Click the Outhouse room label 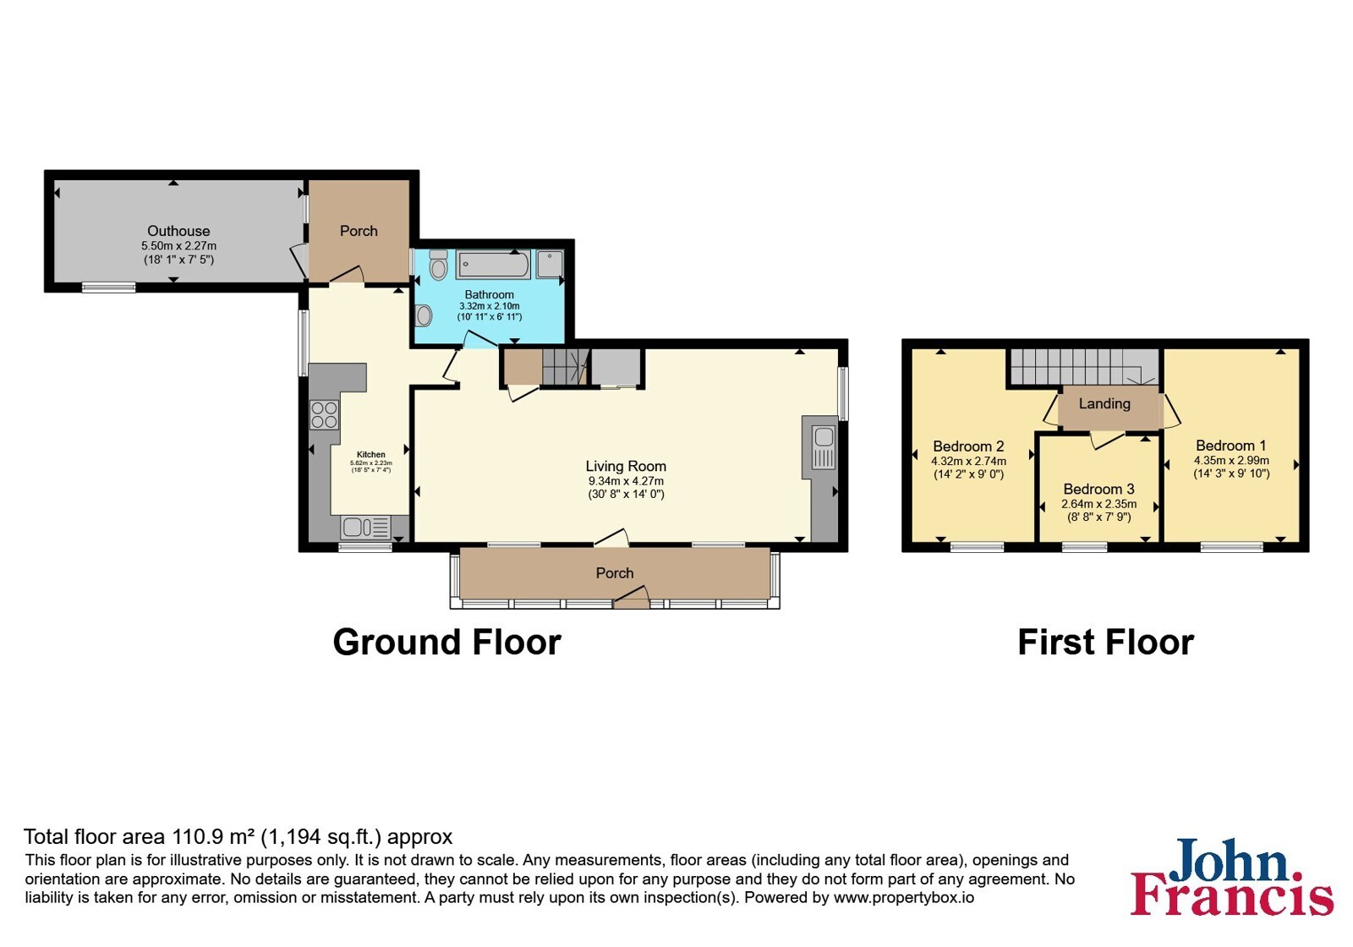pyautogui.click(x=178, y=231)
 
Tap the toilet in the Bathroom pyautogui.click(x=438, y=265)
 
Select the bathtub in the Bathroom pyautogui.click(x=494, y=265)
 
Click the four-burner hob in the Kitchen pyautogui.click(x=324, y=413)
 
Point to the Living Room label pyautogui.click(x=626, y=466)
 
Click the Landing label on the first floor pyautogui.click(x=1104, y=403)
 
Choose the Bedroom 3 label pyautogui.click(x=1098, y=489)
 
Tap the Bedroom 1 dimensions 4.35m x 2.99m pyautogui.click(x=1231, y=460)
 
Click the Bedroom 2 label pyautogui.click(x=968, y=446)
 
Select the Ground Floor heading pyautogui.click(x=447, y=642)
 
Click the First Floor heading pyautogui.click(x=1105, y=642)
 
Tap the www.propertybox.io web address pyautogui.click(x=904, y=897)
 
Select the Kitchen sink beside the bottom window pyautogui.click(x=366, y=528)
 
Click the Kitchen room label pyautogui.click(x=371, y=455)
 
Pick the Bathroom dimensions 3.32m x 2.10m pyautogui.click(x=490, y=306)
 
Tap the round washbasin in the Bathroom pyautogui.click(x=424, y=315)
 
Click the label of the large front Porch pyautogui.click(x=615, y=573)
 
